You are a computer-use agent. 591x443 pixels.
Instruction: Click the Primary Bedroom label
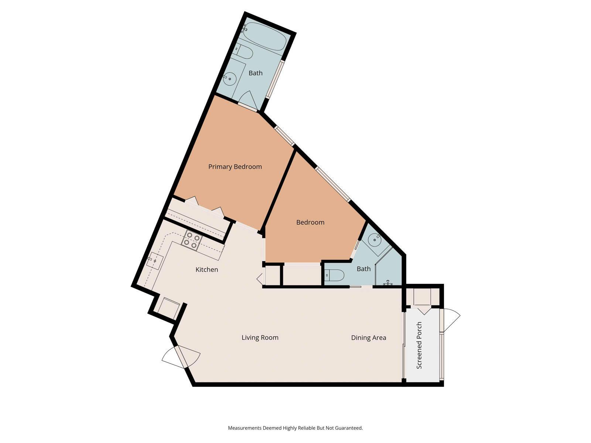235,166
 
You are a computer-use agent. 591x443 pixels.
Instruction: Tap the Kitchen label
206,269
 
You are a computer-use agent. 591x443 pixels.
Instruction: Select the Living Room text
260,337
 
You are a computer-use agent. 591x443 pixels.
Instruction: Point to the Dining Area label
368,337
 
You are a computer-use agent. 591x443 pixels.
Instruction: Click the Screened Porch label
419,345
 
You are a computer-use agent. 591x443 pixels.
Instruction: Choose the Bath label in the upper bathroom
255,73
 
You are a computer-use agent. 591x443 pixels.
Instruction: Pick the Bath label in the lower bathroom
363,269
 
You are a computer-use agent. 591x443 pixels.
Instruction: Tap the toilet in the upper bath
243,52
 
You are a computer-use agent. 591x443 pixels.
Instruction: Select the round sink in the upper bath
230,79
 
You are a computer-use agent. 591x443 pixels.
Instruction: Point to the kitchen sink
154,261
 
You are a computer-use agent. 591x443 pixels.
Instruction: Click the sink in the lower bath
375,240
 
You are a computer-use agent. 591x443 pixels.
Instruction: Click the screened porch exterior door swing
451,320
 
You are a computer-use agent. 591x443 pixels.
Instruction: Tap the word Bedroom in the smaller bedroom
310,222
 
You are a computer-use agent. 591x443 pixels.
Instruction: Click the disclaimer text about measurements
295,428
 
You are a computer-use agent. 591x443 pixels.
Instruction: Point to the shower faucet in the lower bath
387,283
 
